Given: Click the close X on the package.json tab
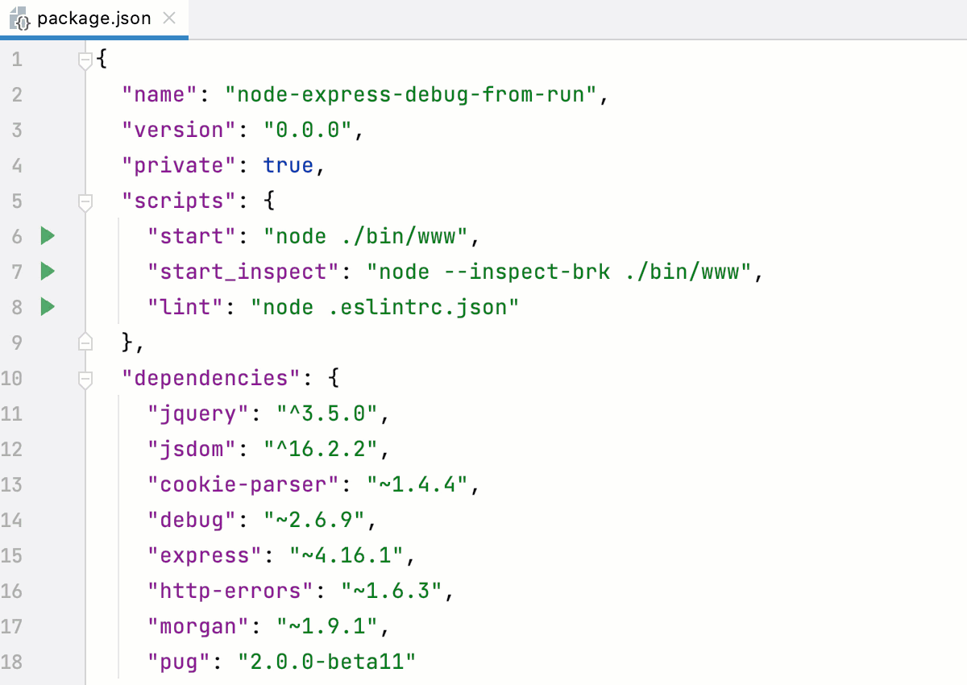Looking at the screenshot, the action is click(169, 18).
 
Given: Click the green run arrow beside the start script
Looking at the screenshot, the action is click(48, 236).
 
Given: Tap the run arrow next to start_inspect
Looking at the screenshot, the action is click(48, 272).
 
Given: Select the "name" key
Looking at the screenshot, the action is click(160, 95).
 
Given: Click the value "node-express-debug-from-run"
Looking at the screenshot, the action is click(412, 95).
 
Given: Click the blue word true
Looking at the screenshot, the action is click(288, 166).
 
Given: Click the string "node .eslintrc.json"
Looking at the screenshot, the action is click(384, 307).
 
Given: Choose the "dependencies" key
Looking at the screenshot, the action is click(216, 378).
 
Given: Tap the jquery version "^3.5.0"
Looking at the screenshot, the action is click(327, 414).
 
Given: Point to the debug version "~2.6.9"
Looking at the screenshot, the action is click(315, 521).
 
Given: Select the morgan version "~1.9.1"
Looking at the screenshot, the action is click(327, 627).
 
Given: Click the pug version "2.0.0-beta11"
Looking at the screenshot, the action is click(327, 662).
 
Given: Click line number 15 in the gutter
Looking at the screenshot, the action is click(12, 556).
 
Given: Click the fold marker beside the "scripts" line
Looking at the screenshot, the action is click(85, 201).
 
